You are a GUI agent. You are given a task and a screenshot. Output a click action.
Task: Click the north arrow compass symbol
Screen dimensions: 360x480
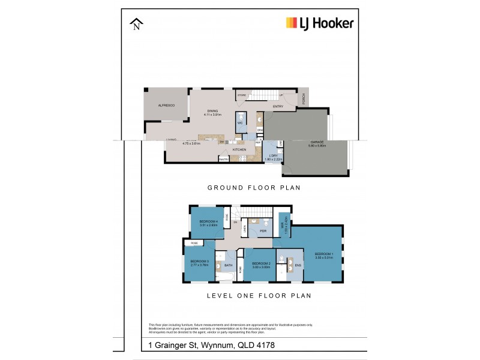(x=137, y=25)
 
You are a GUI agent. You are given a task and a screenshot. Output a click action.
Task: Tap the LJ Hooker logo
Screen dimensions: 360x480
(x=319, y=23)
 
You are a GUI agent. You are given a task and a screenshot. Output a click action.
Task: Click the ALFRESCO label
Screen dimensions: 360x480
(x=166, y=105)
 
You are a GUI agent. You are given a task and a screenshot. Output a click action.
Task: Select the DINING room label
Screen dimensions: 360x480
(x=213, y=110)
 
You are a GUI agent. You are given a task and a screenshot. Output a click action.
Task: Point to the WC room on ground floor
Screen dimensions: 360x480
(x=239, y=122)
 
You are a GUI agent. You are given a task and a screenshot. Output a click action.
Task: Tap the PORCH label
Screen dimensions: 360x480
(x=304, y=98)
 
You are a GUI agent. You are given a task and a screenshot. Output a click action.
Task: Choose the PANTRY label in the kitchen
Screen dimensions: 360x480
(x=223, y=160)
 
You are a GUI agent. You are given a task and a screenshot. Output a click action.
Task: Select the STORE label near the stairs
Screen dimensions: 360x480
(x=242, y=95)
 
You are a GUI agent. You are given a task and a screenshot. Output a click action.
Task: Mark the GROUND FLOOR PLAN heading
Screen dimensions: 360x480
(x=254, y=188)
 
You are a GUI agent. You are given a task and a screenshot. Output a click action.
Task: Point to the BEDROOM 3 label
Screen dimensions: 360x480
(x=199, y=261)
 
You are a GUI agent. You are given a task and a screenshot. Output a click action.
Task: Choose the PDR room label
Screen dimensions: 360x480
(x=263, y=230)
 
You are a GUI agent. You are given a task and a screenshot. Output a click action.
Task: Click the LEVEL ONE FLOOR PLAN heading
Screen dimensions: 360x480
(x=259, y=296)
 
